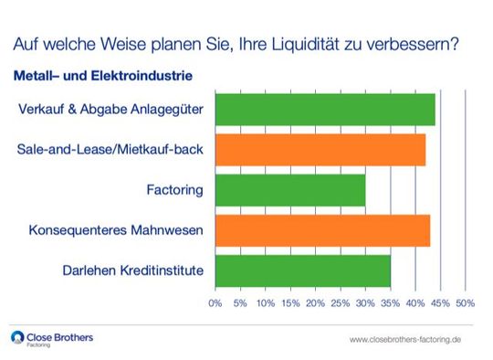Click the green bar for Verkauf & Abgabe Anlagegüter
[x=324, y=110]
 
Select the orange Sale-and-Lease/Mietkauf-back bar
[x=320, y=150]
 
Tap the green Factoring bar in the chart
[x=289, y=190]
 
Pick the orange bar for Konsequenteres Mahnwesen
[x=321, y=230]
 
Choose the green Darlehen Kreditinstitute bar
[x=302, y=270]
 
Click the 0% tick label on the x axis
[x=215, y=302]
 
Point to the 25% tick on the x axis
[x=340, y=302]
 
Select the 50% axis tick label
[x=465, y=302]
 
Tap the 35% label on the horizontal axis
[x=390, y=302]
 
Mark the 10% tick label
[x=265, y=302]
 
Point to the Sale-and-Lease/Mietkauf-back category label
[x=110, y=150]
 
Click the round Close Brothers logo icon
[x=17, y=338]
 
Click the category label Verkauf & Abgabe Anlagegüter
[x=110, y=110]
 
